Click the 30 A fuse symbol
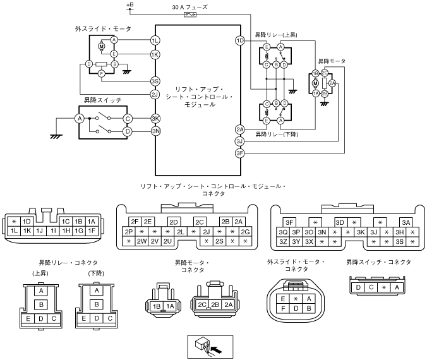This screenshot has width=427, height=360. point(189,15)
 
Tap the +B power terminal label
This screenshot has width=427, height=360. point(130,4)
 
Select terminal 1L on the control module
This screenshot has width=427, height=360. point(155,41)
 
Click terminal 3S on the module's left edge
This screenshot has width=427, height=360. point(155,81)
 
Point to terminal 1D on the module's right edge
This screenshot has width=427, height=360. point(240,41)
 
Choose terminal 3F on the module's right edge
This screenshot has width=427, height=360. point(239,153)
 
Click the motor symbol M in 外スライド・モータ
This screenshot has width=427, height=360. point(101,47)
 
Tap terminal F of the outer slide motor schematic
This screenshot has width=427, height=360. point(101,73)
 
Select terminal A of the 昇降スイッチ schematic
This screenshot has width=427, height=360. point(80,119)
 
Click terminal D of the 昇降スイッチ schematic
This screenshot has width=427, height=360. point(128,131)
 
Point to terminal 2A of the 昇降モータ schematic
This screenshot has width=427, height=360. point(332,83)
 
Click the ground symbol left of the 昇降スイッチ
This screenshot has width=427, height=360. point(56,136)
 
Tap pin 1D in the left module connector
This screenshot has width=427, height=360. point(27,222)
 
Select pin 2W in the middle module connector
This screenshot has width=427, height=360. point(141,241)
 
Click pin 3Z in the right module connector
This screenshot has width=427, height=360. point(283,241)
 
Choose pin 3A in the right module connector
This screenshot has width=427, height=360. point(406,222)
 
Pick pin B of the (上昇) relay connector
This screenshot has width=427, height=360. point(41,304)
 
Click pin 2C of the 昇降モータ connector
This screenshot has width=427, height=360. point(201,304)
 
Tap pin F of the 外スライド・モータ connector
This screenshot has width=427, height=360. point(283,309)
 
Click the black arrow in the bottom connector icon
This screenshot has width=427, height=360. point(217,350)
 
